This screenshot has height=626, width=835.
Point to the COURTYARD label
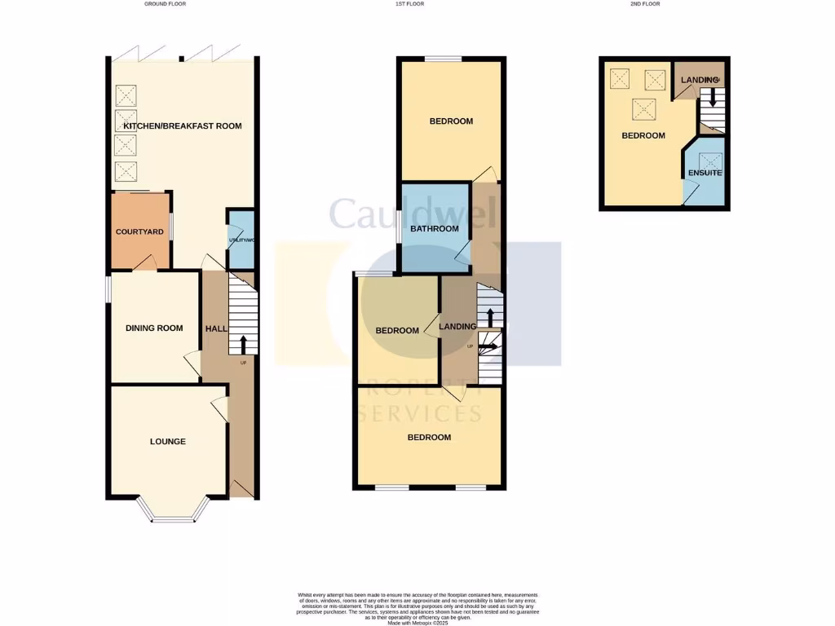(139, 231)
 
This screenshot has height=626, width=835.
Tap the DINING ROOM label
(154, 328)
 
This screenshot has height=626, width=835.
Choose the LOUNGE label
(168, 442)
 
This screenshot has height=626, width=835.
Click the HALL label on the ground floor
(216, 328)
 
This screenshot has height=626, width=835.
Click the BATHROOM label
(434, 229)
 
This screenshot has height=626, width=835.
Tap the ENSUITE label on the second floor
(705, 174)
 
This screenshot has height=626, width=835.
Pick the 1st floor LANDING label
(457, 327)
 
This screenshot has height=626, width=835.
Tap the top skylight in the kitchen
(126, 96)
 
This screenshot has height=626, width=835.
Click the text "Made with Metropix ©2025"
(417, 622)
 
